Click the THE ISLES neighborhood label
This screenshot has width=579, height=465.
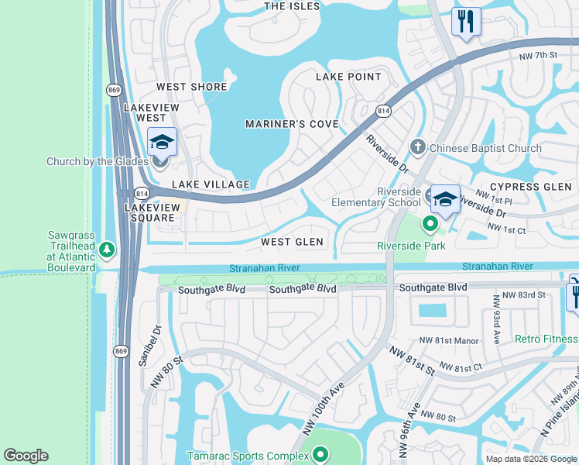pyautogui.click(x=292, y=6)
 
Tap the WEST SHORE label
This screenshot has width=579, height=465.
pyautogui.click(x=192, y=87)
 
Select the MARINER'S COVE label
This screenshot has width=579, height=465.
pyautogui.click(x=292, y=124)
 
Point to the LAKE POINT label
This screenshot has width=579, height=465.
pyautogui.click(x=348, y=77)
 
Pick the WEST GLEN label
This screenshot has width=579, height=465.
pyautogui.click(x=292, y=242)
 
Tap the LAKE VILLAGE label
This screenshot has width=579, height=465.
pyautogui.click(x=211, y=184)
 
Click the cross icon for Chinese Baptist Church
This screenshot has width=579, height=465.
pyautogui.click(x=418, y=146)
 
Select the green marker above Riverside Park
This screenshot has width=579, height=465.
pyautogui.click(x=430, y=225)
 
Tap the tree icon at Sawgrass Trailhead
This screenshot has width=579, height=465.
pyautogui.click(x=106, y=250)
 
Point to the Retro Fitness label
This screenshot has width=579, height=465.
pyautogui.click(x=546, y=339)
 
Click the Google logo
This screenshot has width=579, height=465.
pyautogui.click(x=26, y=456)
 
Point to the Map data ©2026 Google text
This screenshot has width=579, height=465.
pyautogui.click(x=530, y=458)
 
